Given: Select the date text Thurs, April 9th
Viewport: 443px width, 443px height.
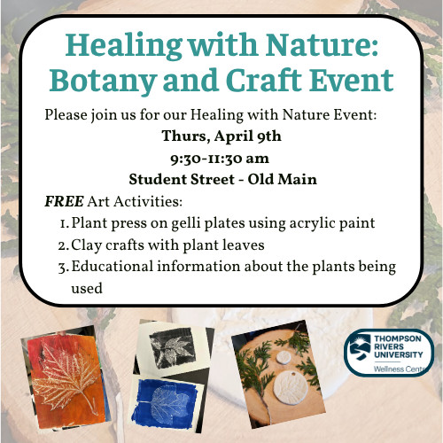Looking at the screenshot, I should (221, 136).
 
